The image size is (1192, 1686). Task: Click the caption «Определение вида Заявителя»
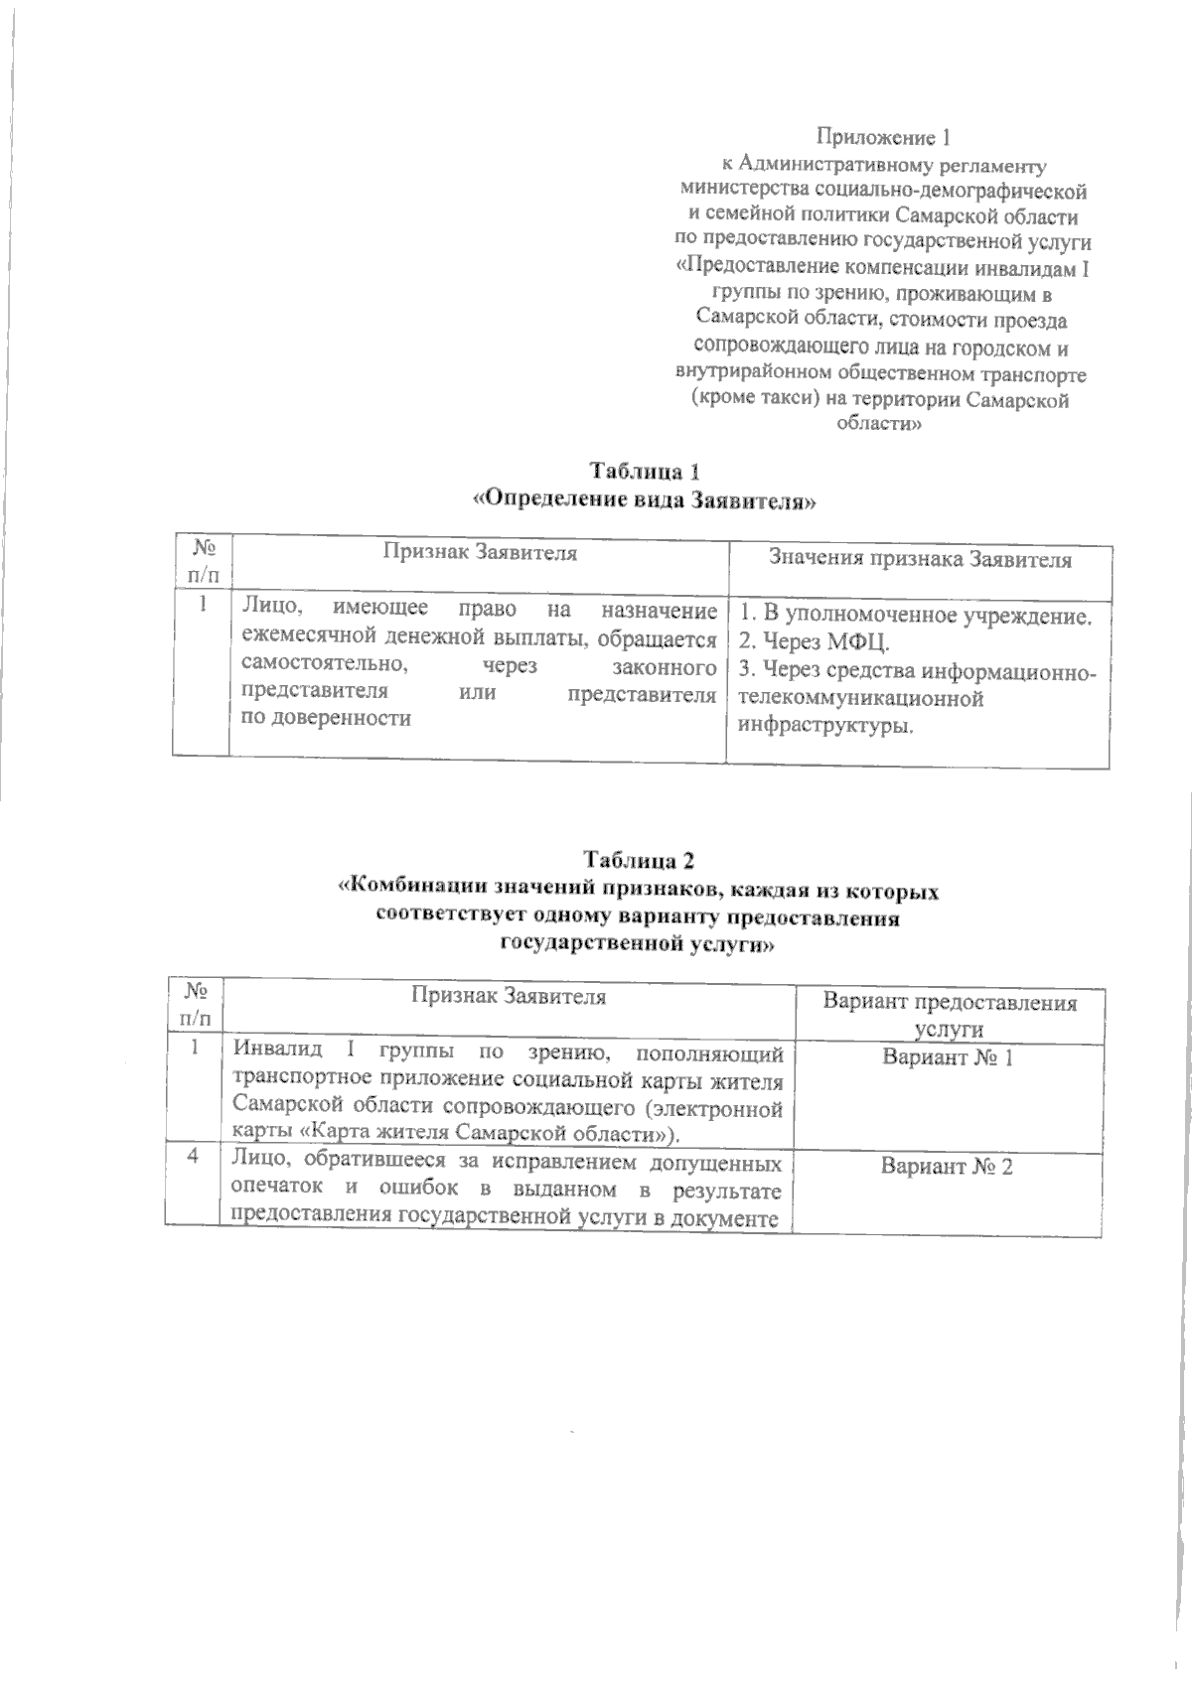coord(648,500)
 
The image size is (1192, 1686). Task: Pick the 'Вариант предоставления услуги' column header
coord(949,1015)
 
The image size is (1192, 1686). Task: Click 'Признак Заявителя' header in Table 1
coord(480,553)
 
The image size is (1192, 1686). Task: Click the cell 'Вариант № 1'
coord(948,1057)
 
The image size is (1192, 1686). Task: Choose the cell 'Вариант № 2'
coord(947,1166)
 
